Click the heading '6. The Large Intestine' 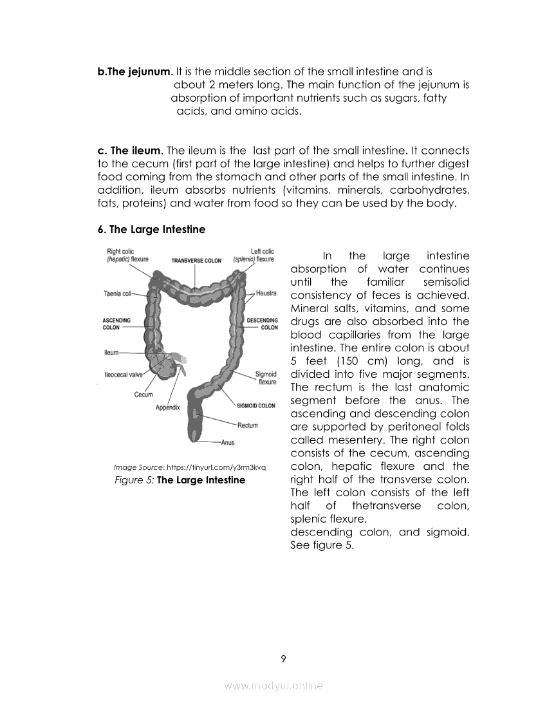pos(151,229)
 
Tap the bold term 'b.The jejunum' pos(134,71)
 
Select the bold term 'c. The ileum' pos(129,151)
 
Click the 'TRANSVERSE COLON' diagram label pos(196,261)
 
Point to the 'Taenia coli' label pos(117,293)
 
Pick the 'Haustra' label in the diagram pos(266,293)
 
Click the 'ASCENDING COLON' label pos(116,324)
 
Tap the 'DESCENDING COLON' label pos(263,324)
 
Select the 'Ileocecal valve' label pos(123,374)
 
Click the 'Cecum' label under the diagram pos(144,395)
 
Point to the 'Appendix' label pos(168,407)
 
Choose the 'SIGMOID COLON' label pos(256,405)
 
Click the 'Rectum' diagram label pos(247,425)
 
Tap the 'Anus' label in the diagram pos(227,442)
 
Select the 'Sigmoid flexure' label pos(266,378)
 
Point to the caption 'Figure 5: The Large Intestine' pos(180,480)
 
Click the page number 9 pos(283,658)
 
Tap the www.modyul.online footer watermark pos(273,686)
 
